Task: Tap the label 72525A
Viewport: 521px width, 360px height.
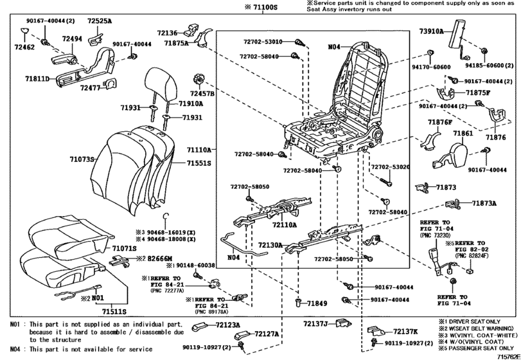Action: click(100, 21)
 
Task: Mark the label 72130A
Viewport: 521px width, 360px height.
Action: click(271, 246)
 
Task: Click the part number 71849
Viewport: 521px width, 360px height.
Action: click(317, 303)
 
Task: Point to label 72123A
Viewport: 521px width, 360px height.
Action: click(229, 325)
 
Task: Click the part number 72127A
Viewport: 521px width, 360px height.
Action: click(267, 334)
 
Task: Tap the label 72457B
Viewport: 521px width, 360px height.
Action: click(201, 94)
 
